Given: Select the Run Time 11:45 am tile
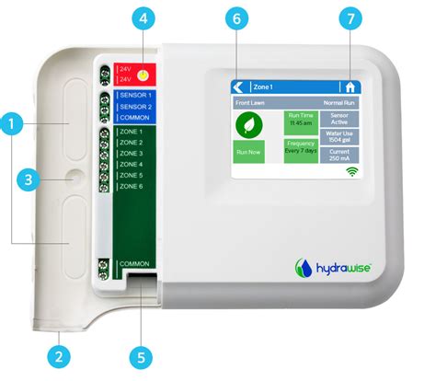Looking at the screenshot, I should coord(300,120).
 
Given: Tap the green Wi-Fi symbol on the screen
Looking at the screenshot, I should coord(350,171).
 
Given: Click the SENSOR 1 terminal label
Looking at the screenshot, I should coord(135,95).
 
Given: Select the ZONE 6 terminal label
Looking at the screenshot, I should coord(132,186).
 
